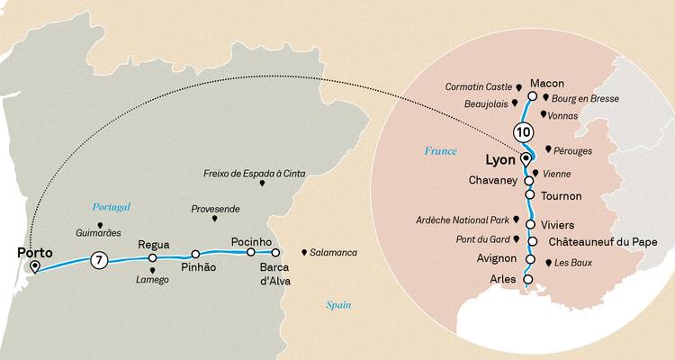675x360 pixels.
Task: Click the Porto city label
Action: tap(32, 253)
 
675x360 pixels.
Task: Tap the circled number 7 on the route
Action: tap(100, 261)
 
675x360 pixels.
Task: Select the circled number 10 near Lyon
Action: tap(523, 131)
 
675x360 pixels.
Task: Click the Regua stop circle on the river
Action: tap(152, 258)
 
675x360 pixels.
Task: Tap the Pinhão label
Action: tap(199, 268)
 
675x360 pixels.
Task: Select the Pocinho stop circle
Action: tap(251, 252)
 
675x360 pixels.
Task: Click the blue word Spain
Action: tap(338, 306)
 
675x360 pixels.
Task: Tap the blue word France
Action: tap(441, 151)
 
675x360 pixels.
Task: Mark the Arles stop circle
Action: tap(527, 280)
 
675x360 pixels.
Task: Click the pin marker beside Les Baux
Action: tap(547, 263)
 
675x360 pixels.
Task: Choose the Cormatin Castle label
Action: tap(479, 86)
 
